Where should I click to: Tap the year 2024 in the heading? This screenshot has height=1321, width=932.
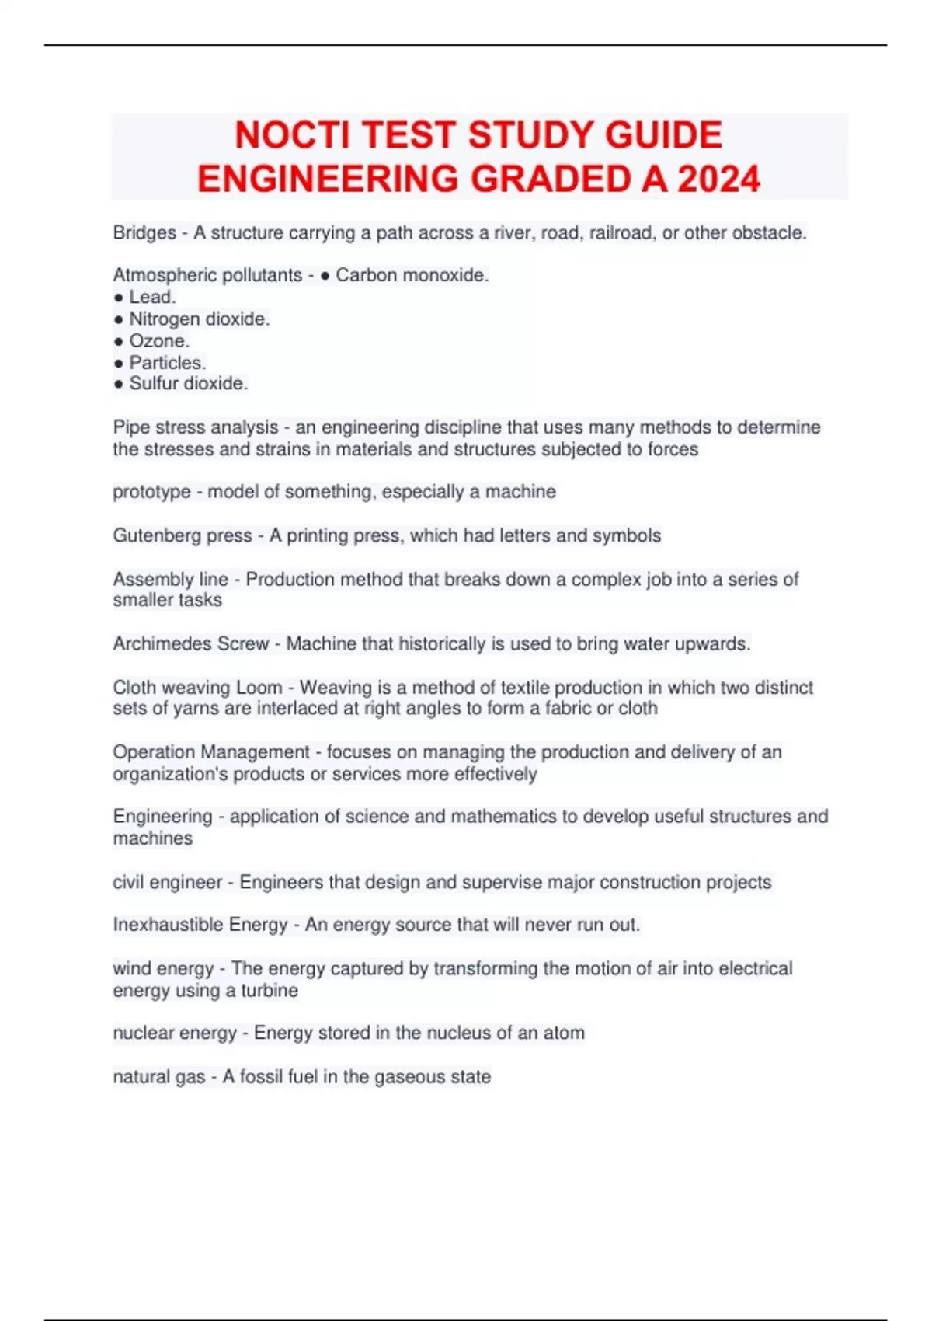point(718,180)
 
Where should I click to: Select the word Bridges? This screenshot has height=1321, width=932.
point(144,233)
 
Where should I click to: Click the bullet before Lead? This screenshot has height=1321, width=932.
point(118,298)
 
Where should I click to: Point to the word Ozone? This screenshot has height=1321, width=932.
point(158,341)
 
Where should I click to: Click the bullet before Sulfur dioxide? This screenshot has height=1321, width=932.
point(118,384)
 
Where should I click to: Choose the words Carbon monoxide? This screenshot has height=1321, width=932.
point(412,275)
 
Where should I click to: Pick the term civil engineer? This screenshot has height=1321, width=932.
point(167,883)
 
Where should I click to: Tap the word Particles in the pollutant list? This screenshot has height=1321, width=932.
point(167,363)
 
